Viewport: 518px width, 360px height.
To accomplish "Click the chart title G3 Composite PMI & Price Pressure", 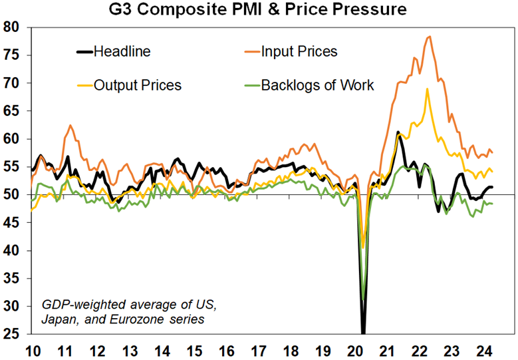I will [x=259, y=10].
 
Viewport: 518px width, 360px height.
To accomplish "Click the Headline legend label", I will [x=122, y=51].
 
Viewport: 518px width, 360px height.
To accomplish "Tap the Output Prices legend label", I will [x=138, y=85].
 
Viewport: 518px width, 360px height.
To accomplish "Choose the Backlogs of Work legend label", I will [x=317, y=85].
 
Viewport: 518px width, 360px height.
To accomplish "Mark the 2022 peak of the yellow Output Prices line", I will [x=427, y=89].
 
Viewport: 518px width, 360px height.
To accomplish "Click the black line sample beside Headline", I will [x=84, y=51].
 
